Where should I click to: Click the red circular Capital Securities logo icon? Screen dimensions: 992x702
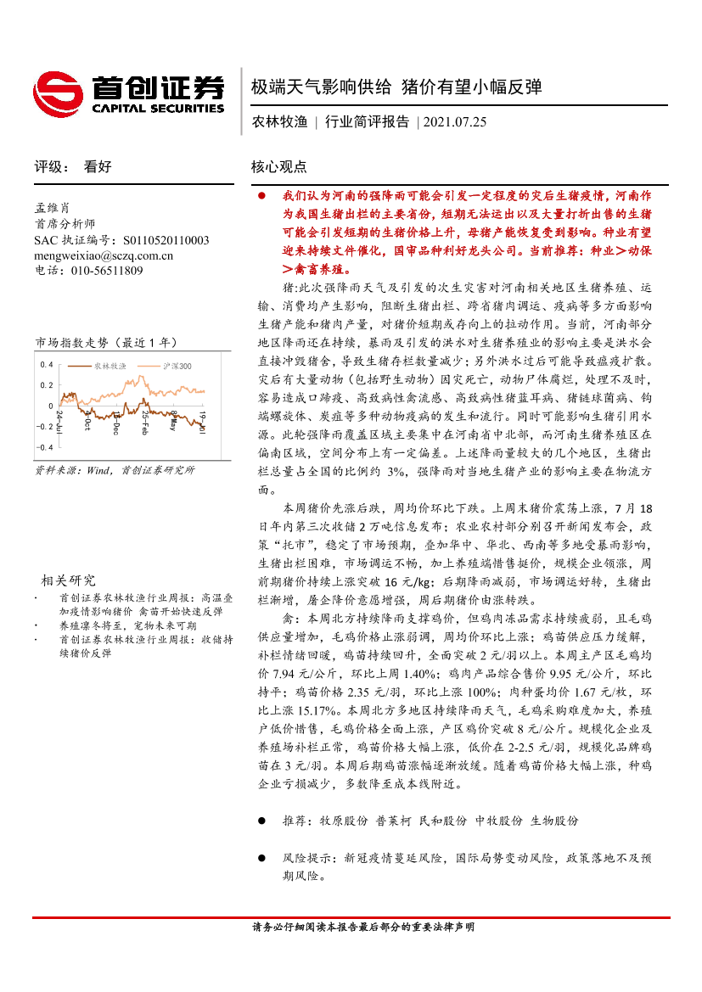coord(57,92)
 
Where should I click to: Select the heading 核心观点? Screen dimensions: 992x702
coord(278,167)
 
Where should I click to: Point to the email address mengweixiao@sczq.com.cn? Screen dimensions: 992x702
coord(104,255)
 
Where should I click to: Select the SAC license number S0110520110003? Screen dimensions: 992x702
coord(160,240)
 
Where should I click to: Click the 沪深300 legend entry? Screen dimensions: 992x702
coord(177,367)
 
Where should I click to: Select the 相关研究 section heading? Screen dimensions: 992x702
coord(69,580)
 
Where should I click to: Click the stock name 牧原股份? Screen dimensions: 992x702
coord(344,821)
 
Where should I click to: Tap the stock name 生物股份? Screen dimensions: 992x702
coord(554,821)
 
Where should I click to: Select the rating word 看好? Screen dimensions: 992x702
coord(98,167)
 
